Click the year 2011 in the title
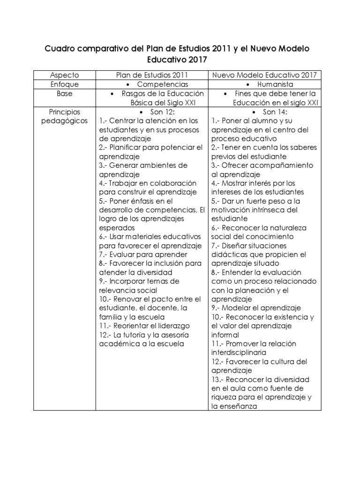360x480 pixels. coord(222,49)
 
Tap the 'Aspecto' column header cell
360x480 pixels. coord(64,75)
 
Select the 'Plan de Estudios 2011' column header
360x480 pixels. coord(152,75)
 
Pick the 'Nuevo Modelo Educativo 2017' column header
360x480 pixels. coord(264,75)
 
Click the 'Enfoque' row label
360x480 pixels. coord(64,84)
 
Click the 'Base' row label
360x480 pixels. coord(64,93)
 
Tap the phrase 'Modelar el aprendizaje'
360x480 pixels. coord(262,308)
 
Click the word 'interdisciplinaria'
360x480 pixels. coord(239,352)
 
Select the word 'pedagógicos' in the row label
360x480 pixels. coord(64,121)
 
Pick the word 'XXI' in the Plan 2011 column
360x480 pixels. coord(189,103)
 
